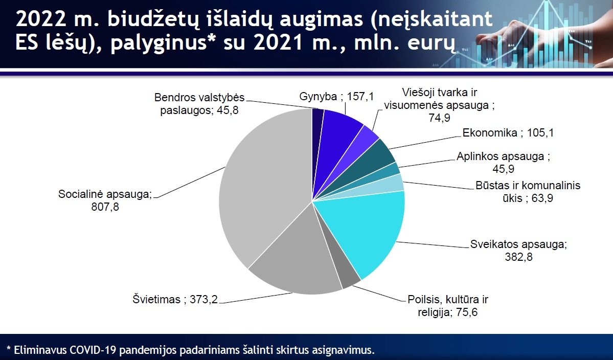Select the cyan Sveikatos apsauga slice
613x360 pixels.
pos(364,231)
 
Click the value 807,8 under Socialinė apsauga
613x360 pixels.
pos(105,207)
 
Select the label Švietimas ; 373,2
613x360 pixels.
pos(175,300)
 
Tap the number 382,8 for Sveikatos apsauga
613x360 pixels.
pos(519,257)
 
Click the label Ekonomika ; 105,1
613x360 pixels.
pos(508,133)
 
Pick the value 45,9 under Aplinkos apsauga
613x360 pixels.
pos(504,169)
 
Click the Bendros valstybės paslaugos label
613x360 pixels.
pos(199,104)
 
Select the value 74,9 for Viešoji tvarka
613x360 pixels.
pos(439,117)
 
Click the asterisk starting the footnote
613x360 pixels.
pos(9,348)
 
